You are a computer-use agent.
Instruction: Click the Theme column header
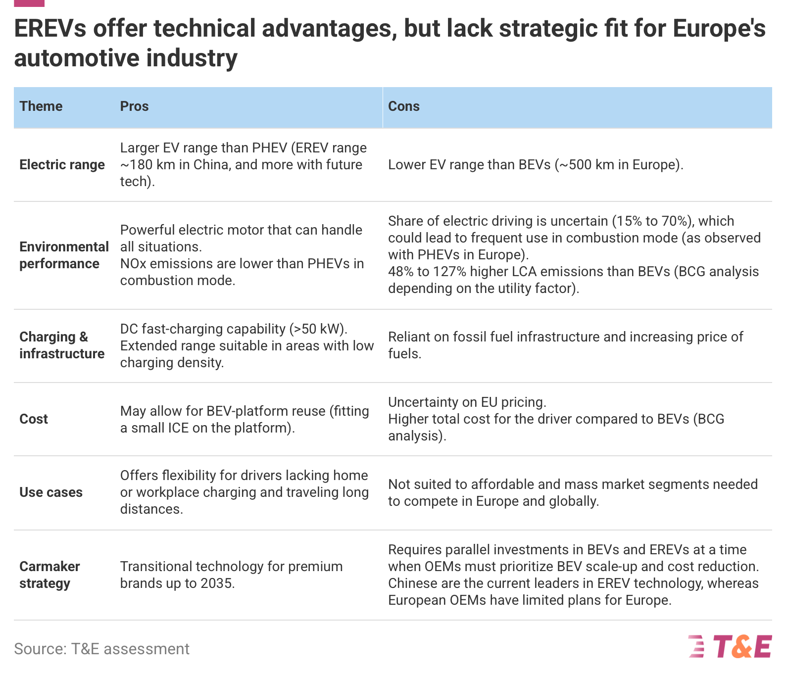[41, 106]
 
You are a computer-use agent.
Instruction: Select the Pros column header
[134, 106]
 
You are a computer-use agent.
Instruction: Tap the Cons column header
[403, 106]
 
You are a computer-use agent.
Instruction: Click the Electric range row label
[62, 165]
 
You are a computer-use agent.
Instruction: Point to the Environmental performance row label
[64, 255]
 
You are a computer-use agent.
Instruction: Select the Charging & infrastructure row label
[62, 345]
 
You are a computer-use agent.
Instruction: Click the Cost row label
[34, 419]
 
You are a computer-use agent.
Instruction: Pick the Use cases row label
[51, 492]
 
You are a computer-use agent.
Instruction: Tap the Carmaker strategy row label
[49, 575]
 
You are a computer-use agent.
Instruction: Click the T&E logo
[730, 647]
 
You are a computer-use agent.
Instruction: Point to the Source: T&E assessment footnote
[101, 649]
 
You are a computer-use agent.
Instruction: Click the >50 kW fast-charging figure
[317, 329]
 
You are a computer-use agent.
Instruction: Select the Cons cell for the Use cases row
[573, 493]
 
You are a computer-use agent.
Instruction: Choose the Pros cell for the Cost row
[245, 420]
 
